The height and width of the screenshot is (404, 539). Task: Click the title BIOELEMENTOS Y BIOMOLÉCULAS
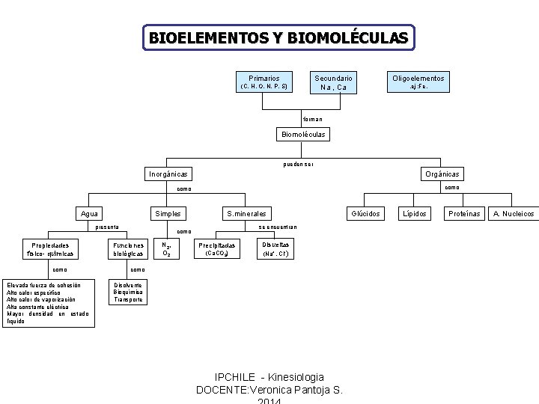[x=278, y=37]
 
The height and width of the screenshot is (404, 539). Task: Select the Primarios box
[x=264, y=82]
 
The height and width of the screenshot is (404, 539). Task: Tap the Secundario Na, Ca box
[x=333, y=82]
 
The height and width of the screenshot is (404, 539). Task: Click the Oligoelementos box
[x=418, y=82]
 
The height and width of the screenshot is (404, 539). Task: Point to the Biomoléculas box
[x=302, y=135]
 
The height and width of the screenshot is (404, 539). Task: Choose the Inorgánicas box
[x=168, y=174]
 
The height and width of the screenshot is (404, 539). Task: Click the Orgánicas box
[x=442, y=174]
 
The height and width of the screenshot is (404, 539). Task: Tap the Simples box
[x=168, y=213]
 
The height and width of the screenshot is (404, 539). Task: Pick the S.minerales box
[x=246, y=213]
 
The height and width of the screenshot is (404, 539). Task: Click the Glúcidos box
[x=367, y=213]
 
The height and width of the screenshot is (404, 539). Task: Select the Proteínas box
[x=463, y=213]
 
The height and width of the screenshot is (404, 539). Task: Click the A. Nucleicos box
[x=514, y=213]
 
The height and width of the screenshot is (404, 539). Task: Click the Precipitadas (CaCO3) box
[x=217, y=249]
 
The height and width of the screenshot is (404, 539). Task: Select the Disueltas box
[x=275, y=249]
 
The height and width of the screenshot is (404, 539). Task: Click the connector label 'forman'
[x=313, y=119]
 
